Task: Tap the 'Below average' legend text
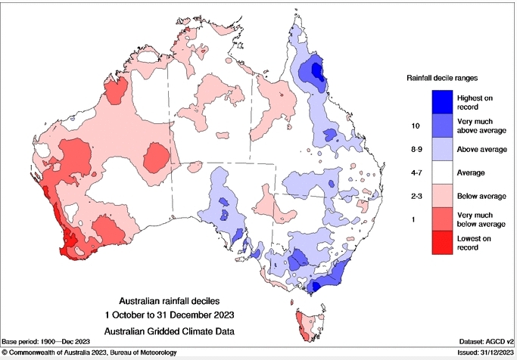click(x=482, y=196)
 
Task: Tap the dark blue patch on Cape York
click(x=311, y=73)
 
